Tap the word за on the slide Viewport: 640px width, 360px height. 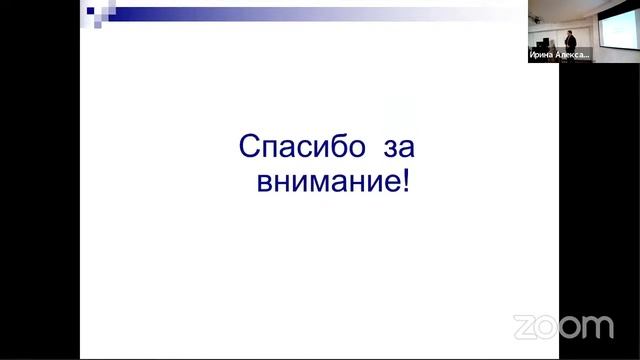pyautogui.click(x=398, y=149)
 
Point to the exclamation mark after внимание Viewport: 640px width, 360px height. pyautogui.click(x=406, y=183)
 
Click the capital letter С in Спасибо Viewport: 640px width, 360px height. pyautogui.click(x=249, y=149)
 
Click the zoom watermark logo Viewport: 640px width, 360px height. pyautogui.click(x=563, y=326)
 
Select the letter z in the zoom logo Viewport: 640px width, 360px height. pyautogui.click(x=524, y=327)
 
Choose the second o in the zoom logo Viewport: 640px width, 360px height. pyautogui.click(x=571, y=327)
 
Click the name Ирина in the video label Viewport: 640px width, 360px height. pyautogui.click(x=541, y=56)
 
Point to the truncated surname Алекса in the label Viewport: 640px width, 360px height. pyautogui.click(x=571, y=56)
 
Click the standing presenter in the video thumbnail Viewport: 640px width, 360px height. pyautogui.click(x=565, y=40)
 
